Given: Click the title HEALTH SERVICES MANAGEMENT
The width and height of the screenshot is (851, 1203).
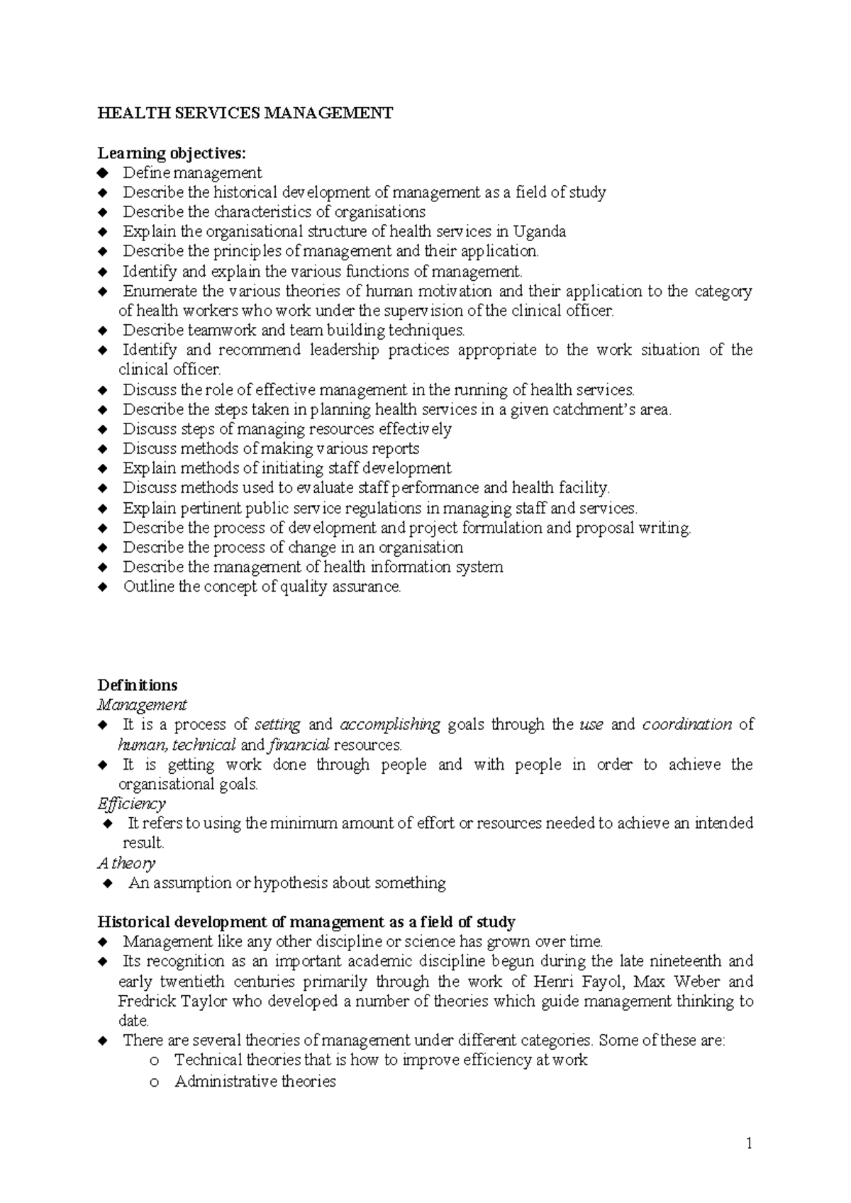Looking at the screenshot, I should tap(245, 113).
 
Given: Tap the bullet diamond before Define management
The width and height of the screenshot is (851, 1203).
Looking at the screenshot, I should tap(103, 173).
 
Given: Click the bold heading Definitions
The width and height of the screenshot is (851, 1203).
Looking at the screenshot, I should tap(138, 685).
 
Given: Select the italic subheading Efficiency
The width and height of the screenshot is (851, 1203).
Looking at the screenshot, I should tap(131, 804).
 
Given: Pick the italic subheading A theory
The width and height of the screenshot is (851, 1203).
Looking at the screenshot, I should tap(126, 863).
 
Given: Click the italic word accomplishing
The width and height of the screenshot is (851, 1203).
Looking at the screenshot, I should tap(390, 725).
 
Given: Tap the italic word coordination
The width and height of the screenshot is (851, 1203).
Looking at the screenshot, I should tap(686, 725).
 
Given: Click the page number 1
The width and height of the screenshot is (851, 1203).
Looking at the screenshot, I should tap(748, 1143).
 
